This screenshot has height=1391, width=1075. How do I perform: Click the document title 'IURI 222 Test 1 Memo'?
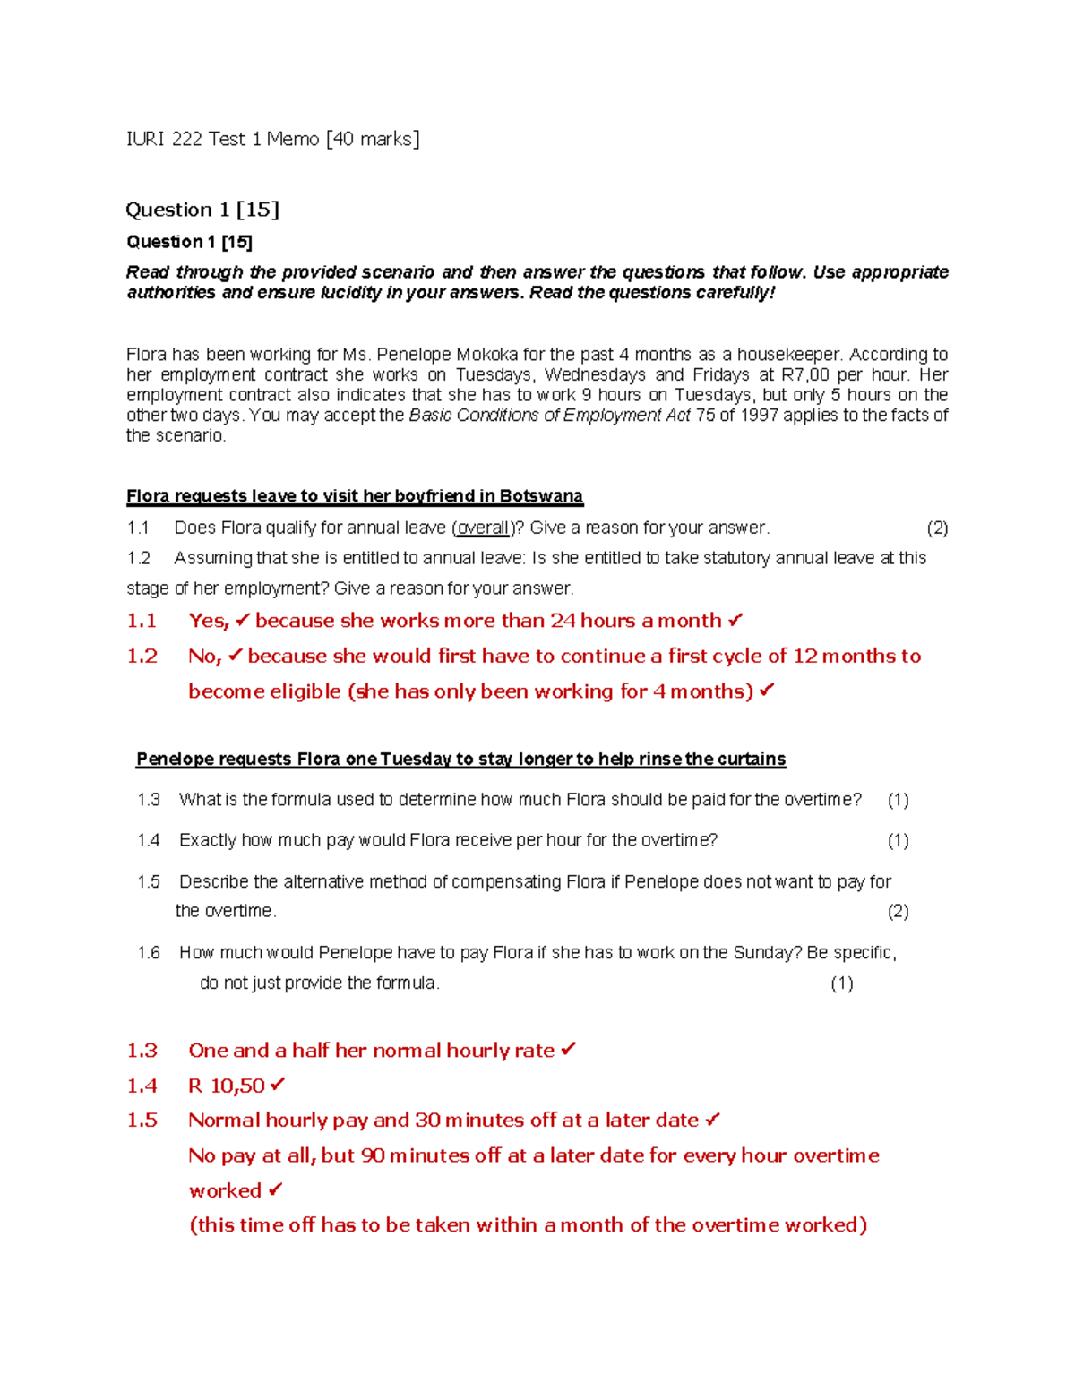click(222, 139)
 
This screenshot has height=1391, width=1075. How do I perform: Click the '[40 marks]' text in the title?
click(373, 139)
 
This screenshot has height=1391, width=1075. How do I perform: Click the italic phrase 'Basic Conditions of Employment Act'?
click(549, 415)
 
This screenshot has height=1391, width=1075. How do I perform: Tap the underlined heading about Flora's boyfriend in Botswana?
click(355, 496)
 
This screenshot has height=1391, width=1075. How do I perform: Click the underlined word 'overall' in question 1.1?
click(483, 528)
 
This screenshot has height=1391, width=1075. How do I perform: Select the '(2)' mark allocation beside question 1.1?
click(937, 528)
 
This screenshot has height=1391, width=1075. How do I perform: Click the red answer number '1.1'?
click(142, 621)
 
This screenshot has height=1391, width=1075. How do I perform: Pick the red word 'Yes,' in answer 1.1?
click(209, 621)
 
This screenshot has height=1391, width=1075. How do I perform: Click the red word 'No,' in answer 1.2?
click(204, 656)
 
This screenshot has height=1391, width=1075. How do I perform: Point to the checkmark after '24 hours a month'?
click(735, 620)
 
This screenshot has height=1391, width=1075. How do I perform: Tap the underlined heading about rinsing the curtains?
click(460, 760)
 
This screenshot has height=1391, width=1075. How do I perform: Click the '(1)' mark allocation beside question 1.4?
click(898, 840)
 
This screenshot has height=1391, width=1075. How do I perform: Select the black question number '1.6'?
click(149, 952)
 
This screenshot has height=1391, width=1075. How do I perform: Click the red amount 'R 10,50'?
click(227, 1086)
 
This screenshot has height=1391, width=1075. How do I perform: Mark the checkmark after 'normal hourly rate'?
click(569, 1050)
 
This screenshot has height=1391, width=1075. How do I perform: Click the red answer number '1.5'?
click(142, 1121)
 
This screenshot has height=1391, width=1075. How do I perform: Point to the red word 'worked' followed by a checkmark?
click(225, 1190)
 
